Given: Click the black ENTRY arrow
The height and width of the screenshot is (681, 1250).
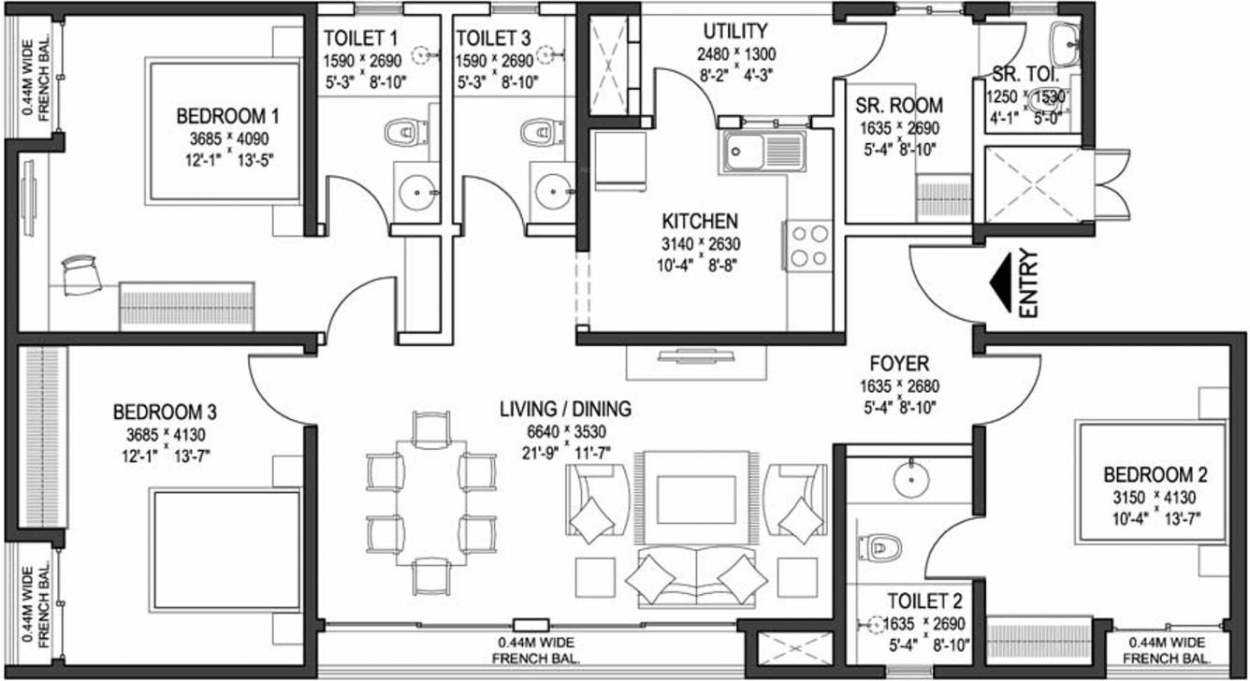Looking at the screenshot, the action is pos(1002,283).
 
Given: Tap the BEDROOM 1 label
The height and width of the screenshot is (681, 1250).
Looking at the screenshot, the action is pos(227,117).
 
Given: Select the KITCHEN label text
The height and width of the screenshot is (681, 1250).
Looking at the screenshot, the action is pos(700,222).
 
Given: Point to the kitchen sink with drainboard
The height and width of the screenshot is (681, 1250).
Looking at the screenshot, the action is pos(765,152).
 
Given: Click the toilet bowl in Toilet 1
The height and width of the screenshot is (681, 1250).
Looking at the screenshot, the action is pos(401,132).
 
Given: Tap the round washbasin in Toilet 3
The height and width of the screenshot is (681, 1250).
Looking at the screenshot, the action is pos(552,192).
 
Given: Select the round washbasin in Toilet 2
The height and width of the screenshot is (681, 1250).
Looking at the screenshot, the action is pos(911,479).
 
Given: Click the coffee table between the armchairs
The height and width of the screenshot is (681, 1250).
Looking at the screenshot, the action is pos(696,500).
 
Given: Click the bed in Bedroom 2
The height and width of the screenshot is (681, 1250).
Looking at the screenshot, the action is pos(1154,483).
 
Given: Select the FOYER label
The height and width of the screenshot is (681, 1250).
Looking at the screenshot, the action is pos(899,364).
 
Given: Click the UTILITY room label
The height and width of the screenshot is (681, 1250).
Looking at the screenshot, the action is pos(734,31).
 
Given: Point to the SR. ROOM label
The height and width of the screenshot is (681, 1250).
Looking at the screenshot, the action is pos(899,106).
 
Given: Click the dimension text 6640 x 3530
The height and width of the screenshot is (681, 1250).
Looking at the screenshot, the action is pos(566,431).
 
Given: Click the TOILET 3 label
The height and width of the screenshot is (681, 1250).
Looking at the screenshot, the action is pos(493,38).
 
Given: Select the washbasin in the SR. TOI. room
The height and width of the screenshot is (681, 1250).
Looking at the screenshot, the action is pos(1067,44).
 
